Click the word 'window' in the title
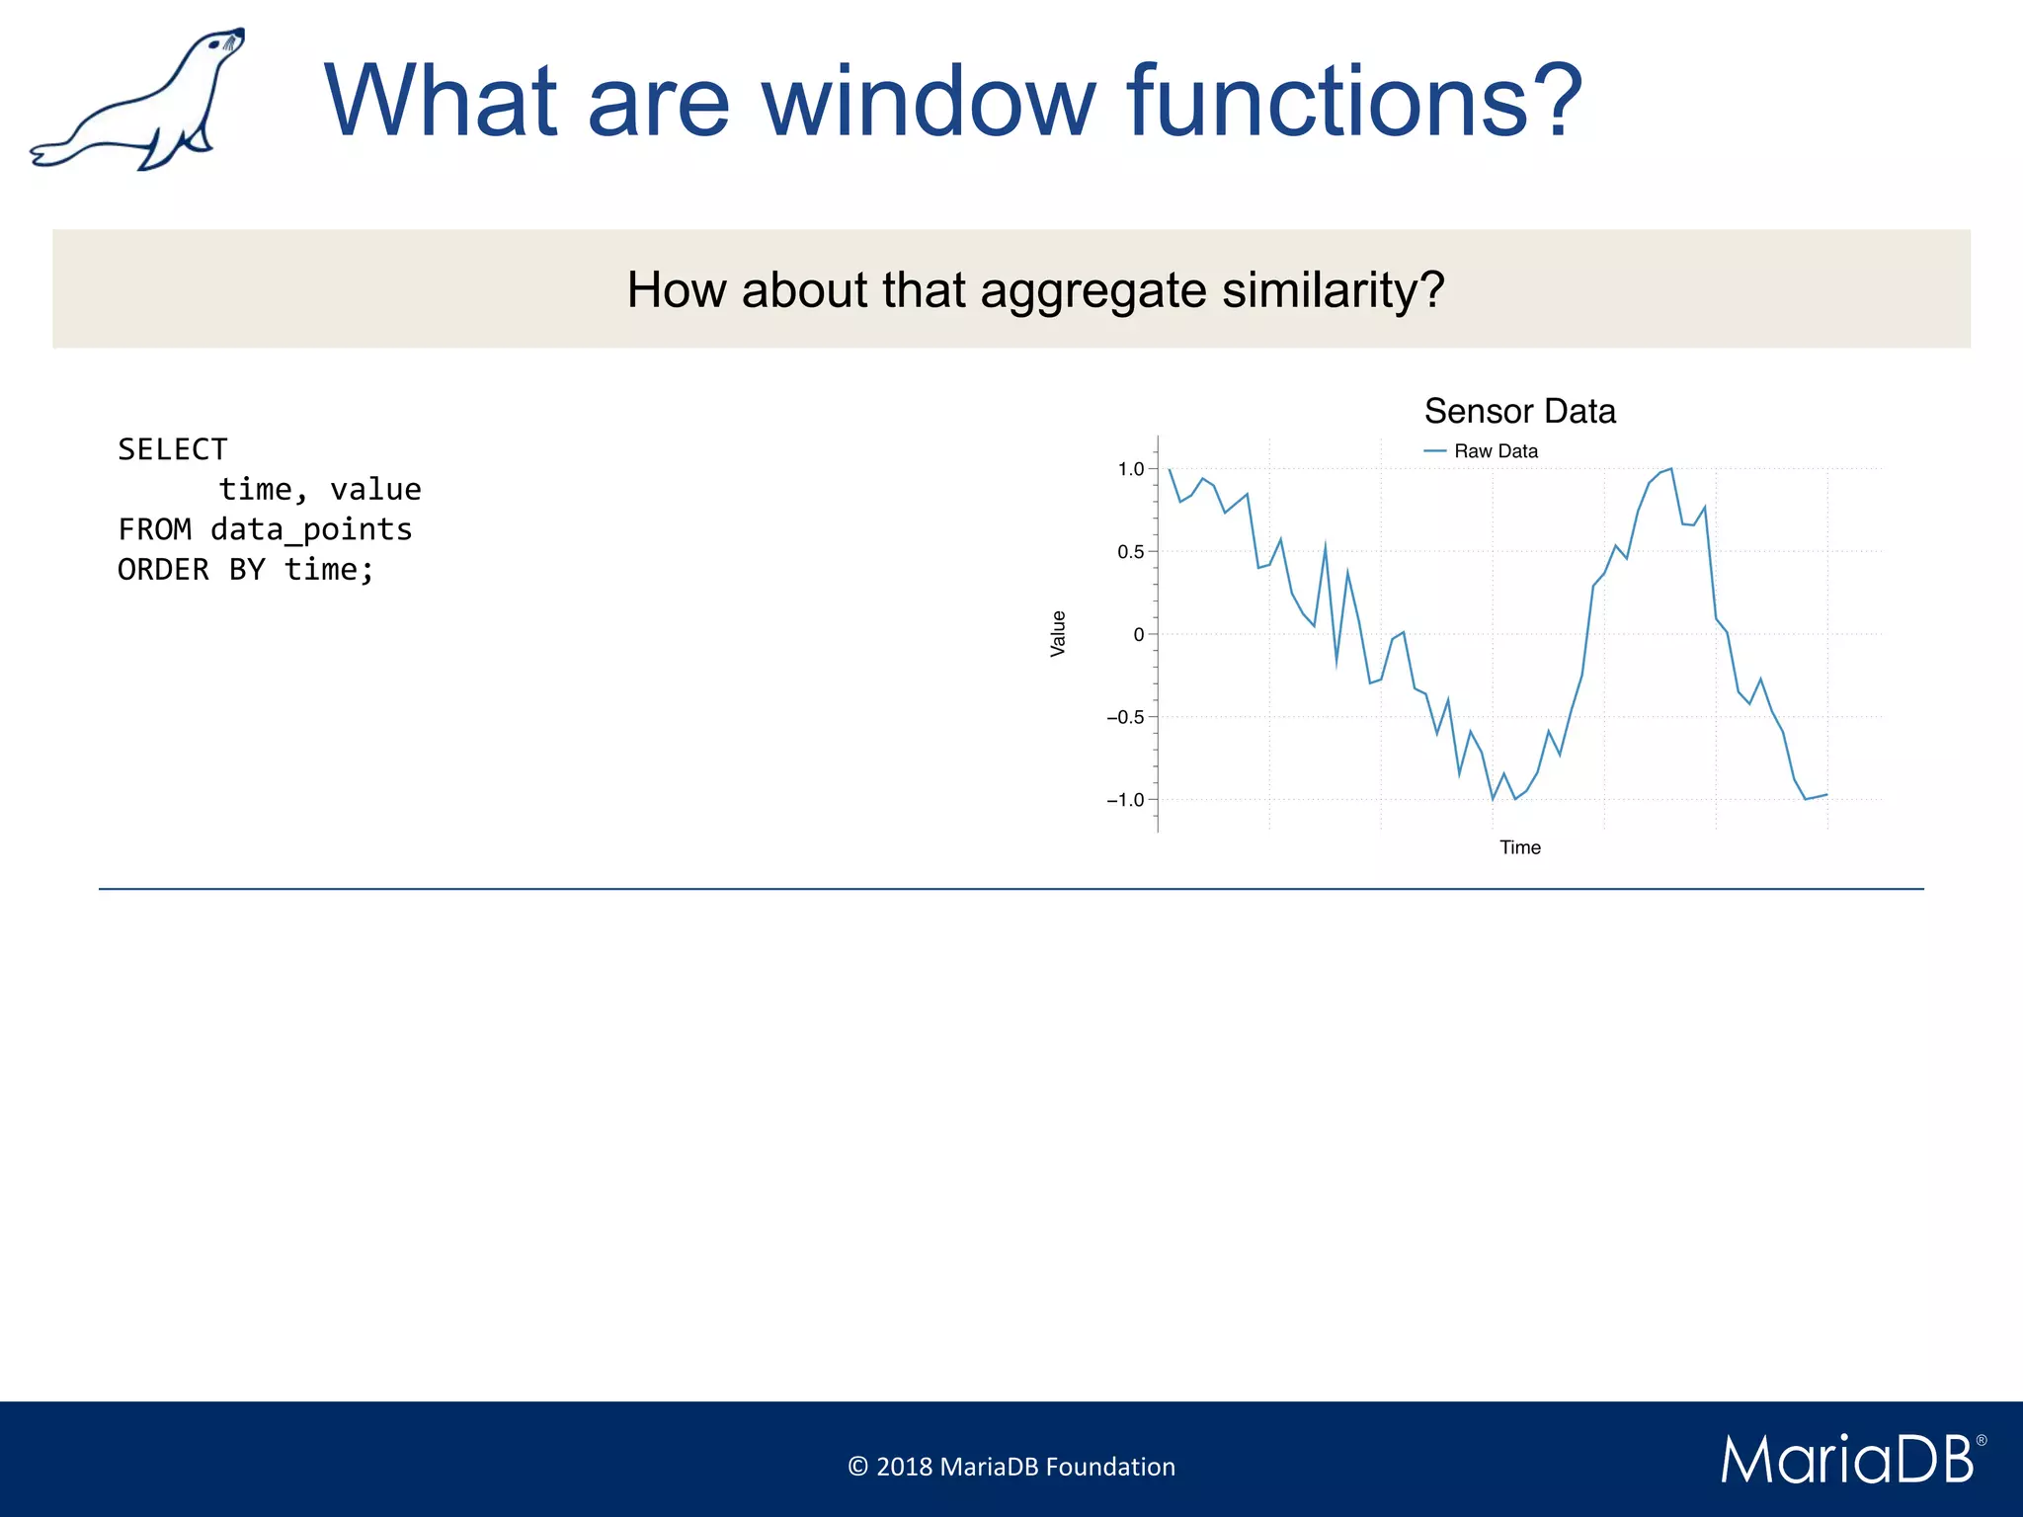click(x=929, y=101)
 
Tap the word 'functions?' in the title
click(x=1355, y=101)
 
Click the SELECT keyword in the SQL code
click(x=173, y=449)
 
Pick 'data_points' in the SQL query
click(x=311, y=529)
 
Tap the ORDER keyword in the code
click(x=163, y=570)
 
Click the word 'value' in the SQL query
click(x=375, y=490)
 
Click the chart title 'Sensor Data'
click(x=1519, y=411)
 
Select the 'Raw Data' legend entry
click(x=1495, y=451)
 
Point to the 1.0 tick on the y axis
click(x=1130, y=469)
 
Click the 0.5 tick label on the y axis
click(x=1130, y=552)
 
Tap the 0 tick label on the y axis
click(x=1139, y=635)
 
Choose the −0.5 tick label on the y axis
click(x=1125, y=718)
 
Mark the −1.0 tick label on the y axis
click(x=1125, y=800)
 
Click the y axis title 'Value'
click(x=1058, y=633)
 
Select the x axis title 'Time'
click(x=1519, y=847)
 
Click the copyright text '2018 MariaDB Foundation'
click(x=1024, y=1467)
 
